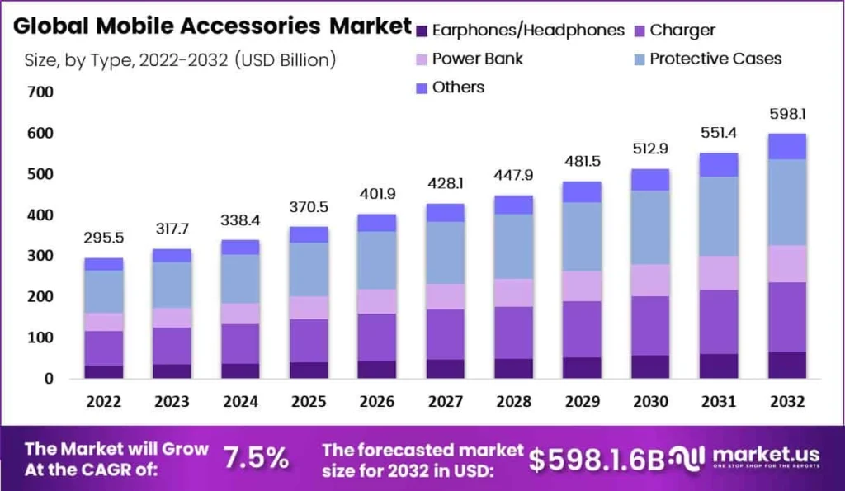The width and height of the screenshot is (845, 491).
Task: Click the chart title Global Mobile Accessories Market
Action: click(x=212, y=26)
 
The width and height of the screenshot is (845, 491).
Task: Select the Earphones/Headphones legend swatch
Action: click(x=422, y=31)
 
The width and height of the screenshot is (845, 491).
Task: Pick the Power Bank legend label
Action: click(x=477, y=59)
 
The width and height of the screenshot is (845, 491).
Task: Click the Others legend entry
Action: click(x=458, y=87)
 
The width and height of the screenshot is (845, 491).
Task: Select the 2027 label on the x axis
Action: click(x=446, y=402)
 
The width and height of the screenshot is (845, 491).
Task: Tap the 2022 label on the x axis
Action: click(x=104, y=402)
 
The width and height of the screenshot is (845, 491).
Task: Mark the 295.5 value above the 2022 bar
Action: click(x=104, y=238)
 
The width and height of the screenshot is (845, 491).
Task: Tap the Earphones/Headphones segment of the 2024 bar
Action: click(x=240, y=371)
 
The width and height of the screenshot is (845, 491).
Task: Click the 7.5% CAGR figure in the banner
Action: click(x=256, y=456)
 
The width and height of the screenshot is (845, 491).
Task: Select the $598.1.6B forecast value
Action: click(x=596, y=460)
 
